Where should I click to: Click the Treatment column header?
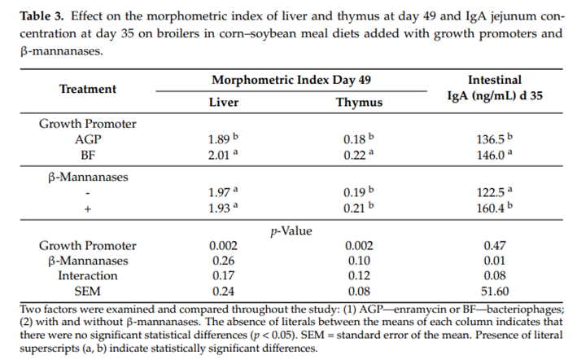coord(88,89)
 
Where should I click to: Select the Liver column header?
coord(224,103)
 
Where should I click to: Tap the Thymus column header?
coord(359,103)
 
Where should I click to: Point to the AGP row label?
coord(87,139)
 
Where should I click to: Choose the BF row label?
coord(87,154)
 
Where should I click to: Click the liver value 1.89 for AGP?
coord(221,139)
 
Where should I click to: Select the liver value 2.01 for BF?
coord(221,154)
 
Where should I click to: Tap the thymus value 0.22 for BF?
coord(356,154)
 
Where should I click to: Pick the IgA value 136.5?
coord(494,139)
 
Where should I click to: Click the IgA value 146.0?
coord(494,154)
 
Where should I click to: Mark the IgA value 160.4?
coord(494,209)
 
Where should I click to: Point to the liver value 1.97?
coord(221,194)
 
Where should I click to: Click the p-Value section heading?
coord(291,230)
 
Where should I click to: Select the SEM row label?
coord(88,291)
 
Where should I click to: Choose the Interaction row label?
coord(88,275)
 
